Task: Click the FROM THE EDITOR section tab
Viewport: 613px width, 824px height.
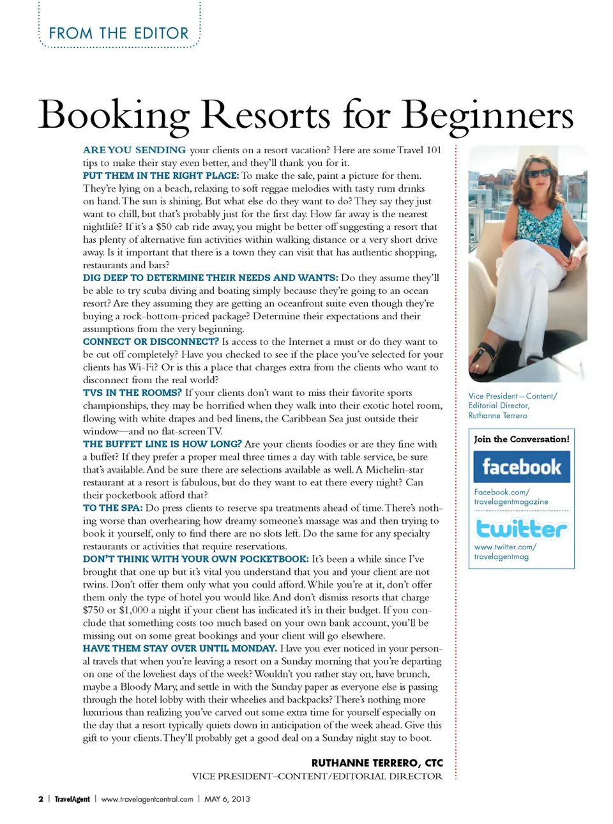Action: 119,33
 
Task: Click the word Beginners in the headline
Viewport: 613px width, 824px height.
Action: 488,116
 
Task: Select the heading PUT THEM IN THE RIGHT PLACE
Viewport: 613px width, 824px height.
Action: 160,176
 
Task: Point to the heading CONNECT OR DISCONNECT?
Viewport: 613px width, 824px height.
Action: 151,342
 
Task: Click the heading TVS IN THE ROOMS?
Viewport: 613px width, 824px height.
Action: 132,393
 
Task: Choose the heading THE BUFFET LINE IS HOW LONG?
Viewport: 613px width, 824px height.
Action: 162,444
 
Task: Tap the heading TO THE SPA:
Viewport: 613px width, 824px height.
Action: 112,508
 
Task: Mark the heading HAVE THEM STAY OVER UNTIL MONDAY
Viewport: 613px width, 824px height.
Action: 179,648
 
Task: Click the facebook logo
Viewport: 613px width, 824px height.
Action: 521,467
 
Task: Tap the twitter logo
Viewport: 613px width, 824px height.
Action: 521,528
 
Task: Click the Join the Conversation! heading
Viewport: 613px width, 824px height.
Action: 521,439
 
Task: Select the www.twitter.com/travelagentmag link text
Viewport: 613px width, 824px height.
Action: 504,552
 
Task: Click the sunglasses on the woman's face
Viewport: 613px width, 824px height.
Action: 538,172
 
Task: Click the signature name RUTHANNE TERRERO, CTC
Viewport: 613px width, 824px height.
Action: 377,763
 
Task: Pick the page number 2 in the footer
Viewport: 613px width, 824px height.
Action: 41,799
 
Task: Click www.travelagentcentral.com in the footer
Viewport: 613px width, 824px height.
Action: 147,799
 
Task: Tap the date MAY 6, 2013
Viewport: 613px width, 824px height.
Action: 227,799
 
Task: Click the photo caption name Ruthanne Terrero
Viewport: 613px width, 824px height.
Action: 497,415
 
